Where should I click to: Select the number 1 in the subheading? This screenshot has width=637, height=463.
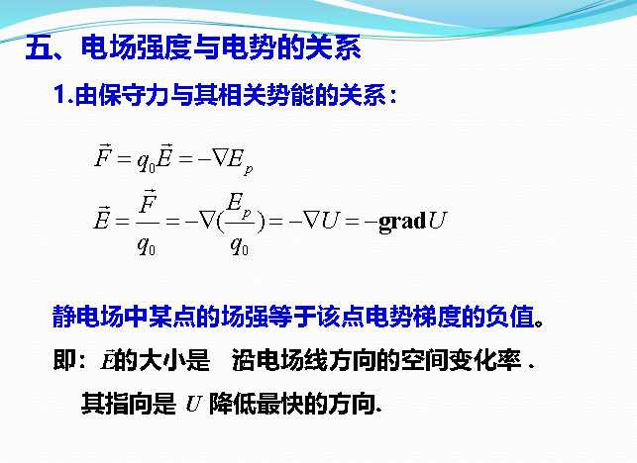point(60,96)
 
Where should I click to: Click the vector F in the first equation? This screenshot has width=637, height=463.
point(104,156)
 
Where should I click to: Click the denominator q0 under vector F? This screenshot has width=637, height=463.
point(148,245)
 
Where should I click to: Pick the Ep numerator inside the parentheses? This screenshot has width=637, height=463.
point(239,204)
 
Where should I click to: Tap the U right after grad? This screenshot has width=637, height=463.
point(436,221)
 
